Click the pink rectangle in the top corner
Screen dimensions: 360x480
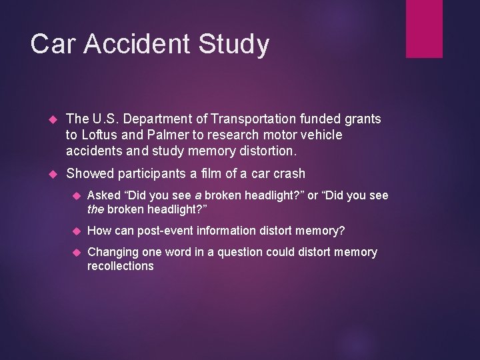[x=424, y=28]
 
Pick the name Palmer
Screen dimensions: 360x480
[x=169, y=135]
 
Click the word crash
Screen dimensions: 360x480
[x=288, y=173]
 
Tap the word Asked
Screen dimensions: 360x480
[x=104, y=195]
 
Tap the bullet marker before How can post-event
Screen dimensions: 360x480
[x=77, y=231]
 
